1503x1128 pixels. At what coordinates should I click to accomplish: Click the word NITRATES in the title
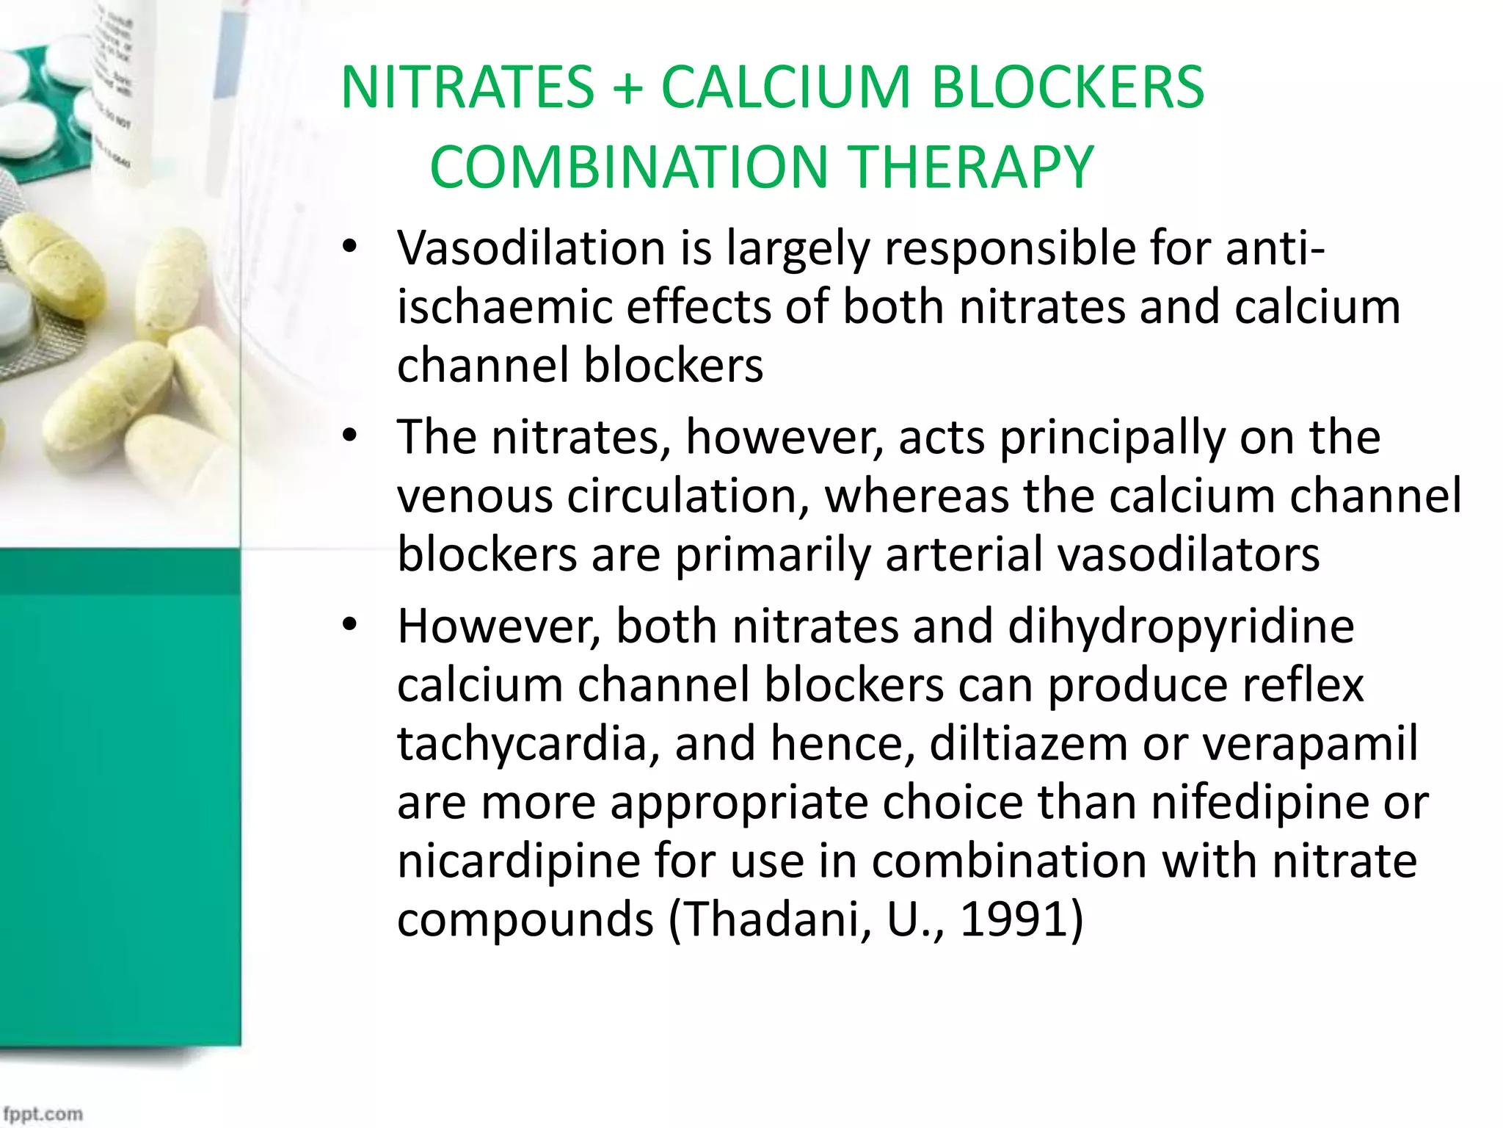point(467,87)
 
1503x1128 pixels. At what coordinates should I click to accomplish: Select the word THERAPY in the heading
point(972,167)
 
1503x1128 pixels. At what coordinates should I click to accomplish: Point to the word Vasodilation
point(531,247)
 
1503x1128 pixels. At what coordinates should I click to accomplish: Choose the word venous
point(475,496)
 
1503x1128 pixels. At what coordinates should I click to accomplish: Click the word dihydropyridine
point(1181,626)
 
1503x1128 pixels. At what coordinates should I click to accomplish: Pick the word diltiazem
point(1028,743)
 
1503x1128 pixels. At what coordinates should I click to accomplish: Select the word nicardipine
point(519,861)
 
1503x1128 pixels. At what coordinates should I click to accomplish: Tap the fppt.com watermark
point(43,1113)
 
